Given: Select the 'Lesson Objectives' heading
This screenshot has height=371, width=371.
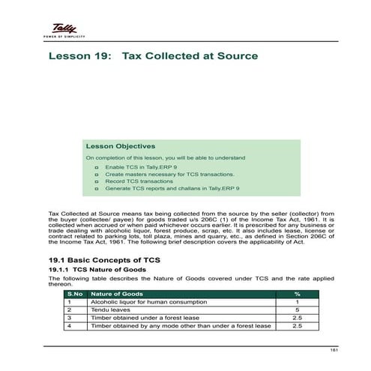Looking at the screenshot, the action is pos(120,146).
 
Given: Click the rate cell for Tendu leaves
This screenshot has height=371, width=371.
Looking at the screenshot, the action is pos(297,310).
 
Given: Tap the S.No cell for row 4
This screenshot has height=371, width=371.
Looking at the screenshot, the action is pos(69,326).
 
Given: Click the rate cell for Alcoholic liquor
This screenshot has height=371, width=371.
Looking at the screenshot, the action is pos(297,302).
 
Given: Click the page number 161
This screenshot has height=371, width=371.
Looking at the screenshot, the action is pos(324,352).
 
